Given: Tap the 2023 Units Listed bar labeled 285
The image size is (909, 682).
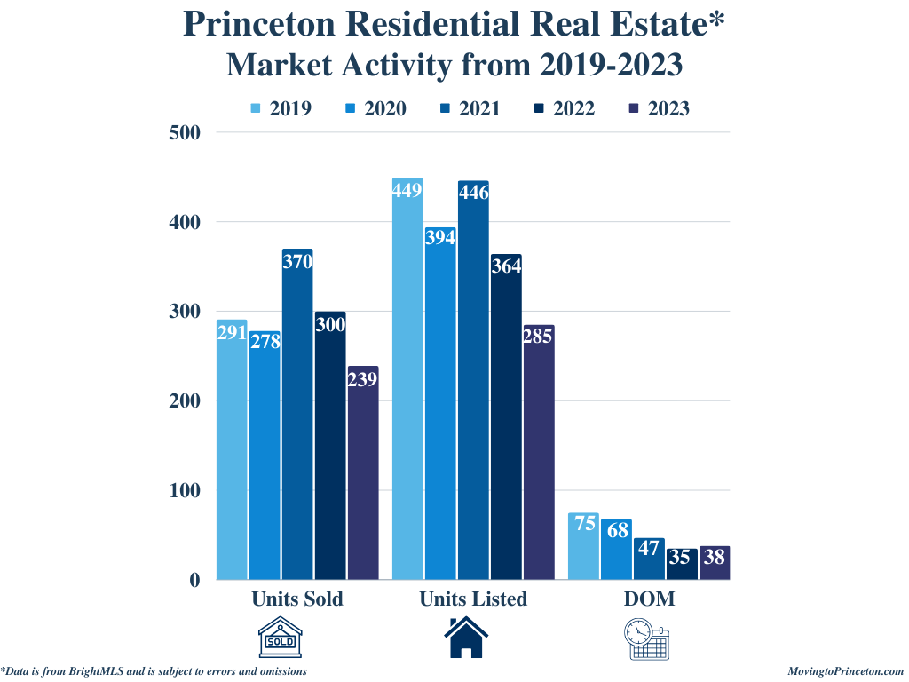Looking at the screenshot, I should coord(538,452).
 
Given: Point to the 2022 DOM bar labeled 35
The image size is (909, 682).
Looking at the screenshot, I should coord(682,564).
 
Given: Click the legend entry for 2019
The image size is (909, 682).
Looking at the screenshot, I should coord(281,109).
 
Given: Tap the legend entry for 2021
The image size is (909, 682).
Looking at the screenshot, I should coord(470,109).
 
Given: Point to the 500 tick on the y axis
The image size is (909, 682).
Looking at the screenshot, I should coord(185,132).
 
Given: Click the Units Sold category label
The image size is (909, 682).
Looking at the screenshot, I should coord(296,599).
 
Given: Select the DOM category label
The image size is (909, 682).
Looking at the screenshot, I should coord(649,599).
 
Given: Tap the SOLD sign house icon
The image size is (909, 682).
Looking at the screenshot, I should coord(280,638).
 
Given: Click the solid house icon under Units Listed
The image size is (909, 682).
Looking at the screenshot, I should coord(466,638).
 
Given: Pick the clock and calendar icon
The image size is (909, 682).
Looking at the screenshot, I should coord(649,638).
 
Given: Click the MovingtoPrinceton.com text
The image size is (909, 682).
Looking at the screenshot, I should coord(845,671).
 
